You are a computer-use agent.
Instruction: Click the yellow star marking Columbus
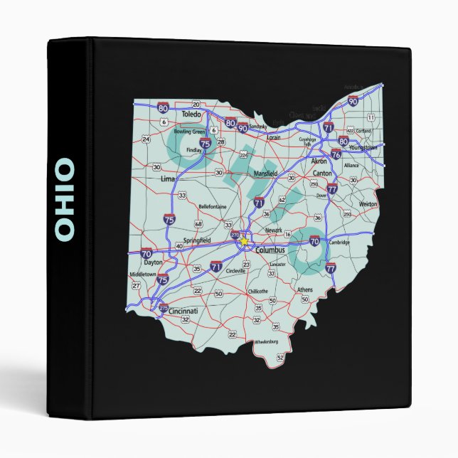click(244, 241)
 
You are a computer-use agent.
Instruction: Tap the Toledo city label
click(192, 114)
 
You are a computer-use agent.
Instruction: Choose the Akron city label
click(319, 161)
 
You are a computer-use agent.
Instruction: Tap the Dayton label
click(154, 262)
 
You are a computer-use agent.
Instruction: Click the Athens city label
click(304, 289)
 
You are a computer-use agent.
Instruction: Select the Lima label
click(168, 179)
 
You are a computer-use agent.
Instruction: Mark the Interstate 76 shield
click(336, 154)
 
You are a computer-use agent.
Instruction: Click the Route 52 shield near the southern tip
click(280, 357)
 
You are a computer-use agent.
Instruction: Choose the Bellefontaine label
click(212, 206)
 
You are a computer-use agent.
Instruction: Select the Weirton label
click(368, 203)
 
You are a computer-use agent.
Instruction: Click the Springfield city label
click(196, 241)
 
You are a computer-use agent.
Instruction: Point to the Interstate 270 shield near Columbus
click(235, 234)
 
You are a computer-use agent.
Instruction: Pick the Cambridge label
click(339, 243)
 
